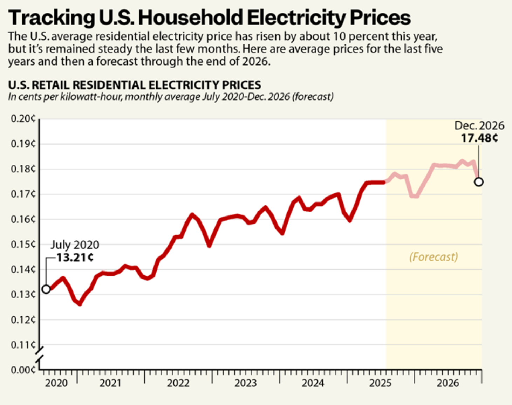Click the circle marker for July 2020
(46, 289)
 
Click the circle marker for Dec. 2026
(479, 182)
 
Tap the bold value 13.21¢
(75, 258)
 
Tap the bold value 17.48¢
(479, 138)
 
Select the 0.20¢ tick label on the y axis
(23, 119)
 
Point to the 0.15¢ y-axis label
(23, 244)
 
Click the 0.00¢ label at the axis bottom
(23, 370)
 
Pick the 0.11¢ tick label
(23, 345)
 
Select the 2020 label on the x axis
(56, 383)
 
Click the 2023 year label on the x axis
(245, 383)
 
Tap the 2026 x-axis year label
(448, 383)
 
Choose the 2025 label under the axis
(380, 383)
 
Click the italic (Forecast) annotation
(434, 257)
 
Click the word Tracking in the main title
(51, 18)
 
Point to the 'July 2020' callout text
(75, 245)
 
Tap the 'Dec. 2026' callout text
(479, 125)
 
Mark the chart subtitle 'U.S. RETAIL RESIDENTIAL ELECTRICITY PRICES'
(135, 85)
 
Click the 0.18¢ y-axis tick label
(23, 169)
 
